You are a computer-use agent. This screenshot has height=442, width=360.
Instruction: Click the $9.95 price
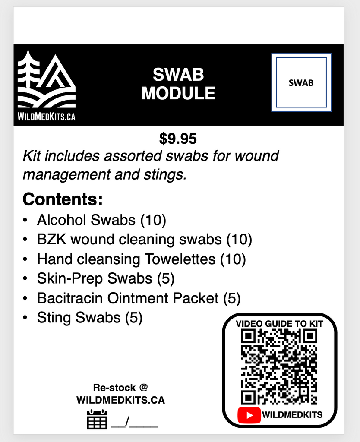coord(178,139)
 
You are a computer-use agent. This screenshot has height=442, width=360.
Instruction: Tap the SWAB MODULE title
coord(178,85)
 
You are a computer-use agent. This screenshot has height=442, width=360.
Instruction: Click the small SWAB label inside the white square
coord(301,83)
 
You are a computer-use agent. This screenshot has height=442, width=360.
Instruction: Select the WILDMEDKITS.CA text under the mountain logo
coord(46,117)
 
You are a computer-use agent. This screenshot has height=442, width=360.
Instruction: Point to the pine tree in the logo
coord(28,72)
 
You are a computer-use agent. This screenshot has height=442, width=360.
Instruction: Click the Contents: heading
coord(63,199)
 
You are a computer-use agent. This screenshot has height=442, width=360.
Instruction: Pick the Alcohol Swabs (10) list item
coord(101,220)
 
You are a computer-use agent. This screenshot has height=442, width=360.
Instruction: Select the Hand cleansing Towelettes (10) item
coord(141,259)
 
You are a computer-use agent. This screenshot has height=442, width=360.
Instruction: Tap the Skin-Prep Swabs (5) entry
coord(106,279)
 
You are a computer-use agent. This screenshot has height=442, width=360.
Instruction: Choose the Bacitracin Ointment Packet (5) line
coord(139,298)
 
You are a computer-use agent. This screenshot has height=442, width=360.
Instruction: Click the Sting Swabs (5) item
coord(89,318)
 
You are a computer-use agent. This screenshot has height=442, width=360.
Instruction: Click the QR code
coord(279,367)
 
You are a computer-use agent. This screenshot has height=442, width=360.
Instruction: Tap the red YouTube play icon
coord(249,415)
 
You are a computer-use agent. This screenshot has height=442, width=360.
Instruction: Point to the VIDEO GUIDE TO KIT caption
coord(279,324)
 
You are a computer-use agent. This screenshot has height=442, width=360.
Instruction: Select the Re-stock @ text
coord(120,388)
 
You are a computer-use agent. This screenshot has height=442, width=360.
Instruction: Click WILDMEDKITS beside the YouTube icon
coord(292,415)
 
